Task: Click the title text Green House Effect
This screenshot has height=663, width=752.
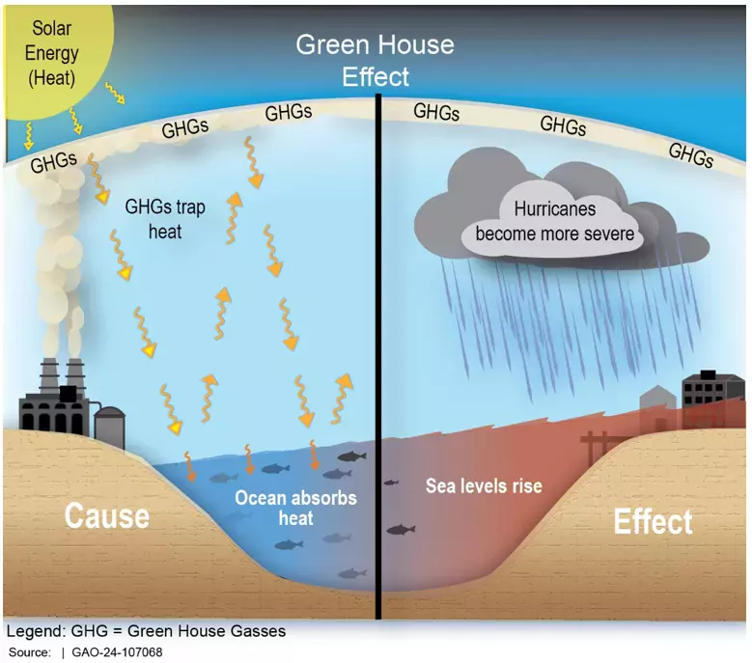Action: [375, 60]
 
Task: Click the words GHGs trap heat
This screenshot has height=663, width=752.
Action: [153, 219]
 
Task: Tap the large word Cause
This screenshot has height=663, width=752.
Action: [106, 515]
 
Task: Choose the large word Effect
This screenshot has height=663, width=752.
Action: [653, 522]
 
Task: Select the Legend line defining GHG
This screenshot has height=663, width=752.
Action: [146, 631]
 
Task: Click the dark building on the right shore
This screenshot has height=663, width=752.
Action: [711, 389]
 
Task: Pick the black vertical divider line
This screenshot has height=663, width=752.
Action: [377, 347]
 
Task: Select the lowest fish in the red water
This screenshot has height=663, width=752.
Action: [401, 530]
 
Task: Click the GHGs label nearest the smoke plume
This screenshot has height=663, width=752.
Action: [50, 161]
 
